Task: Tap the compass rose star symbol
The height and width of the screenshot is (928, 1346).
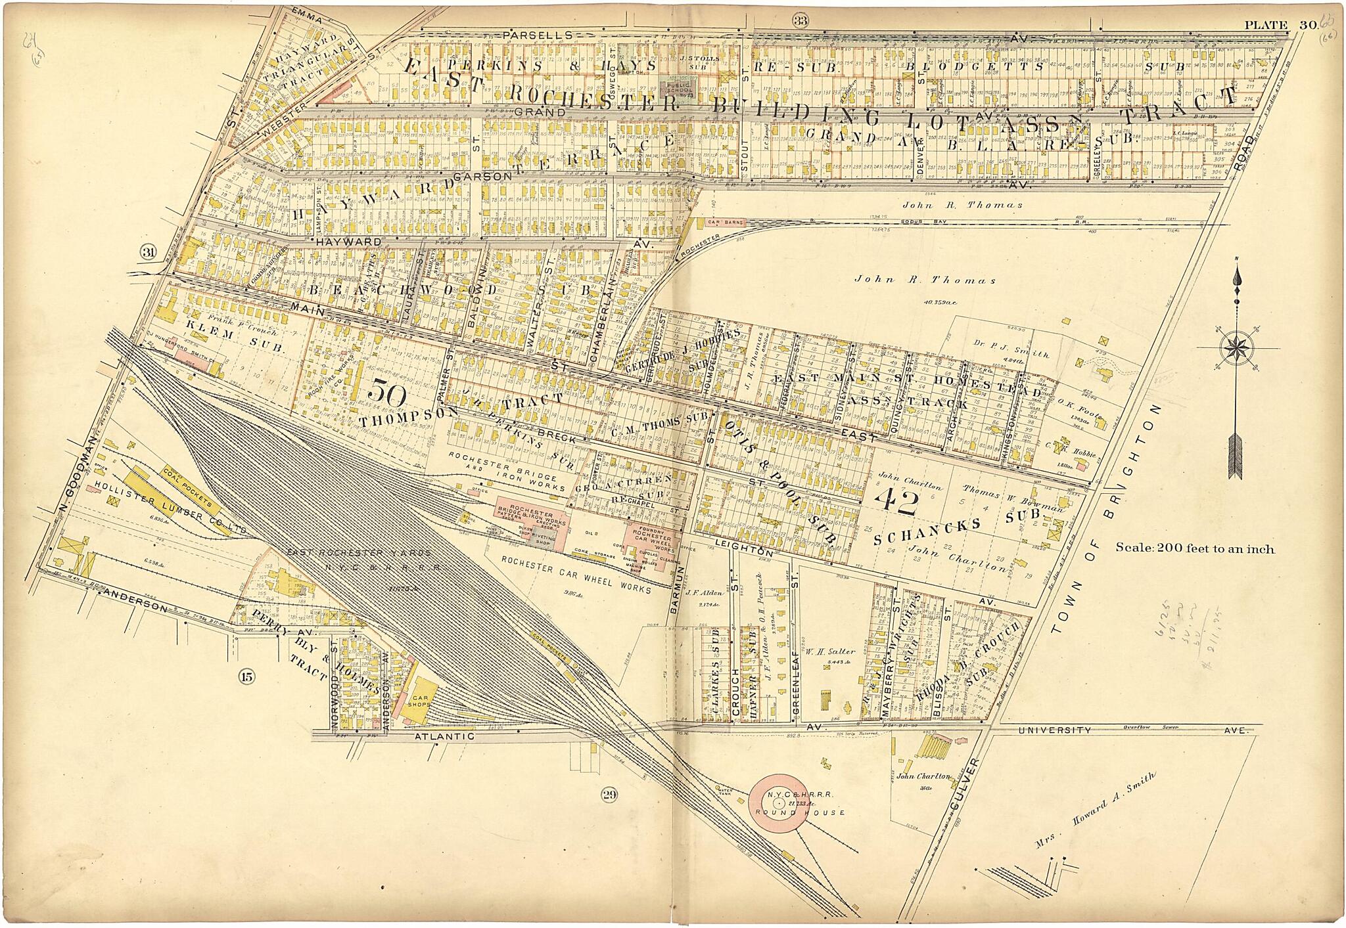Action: click(1236, 349)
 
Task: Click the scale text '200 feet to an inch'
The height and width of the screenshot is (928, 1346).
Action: click(1194, 549)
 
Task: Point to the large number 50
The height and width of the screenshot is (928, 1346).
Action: click(387, 393)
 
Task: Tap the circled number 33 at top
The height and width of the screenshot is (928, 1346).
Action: click(800, 20)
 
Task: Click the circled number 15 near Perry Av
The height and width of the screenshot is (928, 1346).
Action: click(246, 676)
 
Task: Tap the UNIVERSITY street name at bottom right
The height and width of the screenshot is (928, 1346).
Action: click(1054, 730)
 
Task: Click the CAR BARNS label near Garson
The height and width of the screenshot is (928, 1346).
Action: click(726, 223)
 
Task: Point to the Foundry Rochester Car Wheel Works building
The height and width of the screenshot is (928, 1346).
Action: click(651, 541)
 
